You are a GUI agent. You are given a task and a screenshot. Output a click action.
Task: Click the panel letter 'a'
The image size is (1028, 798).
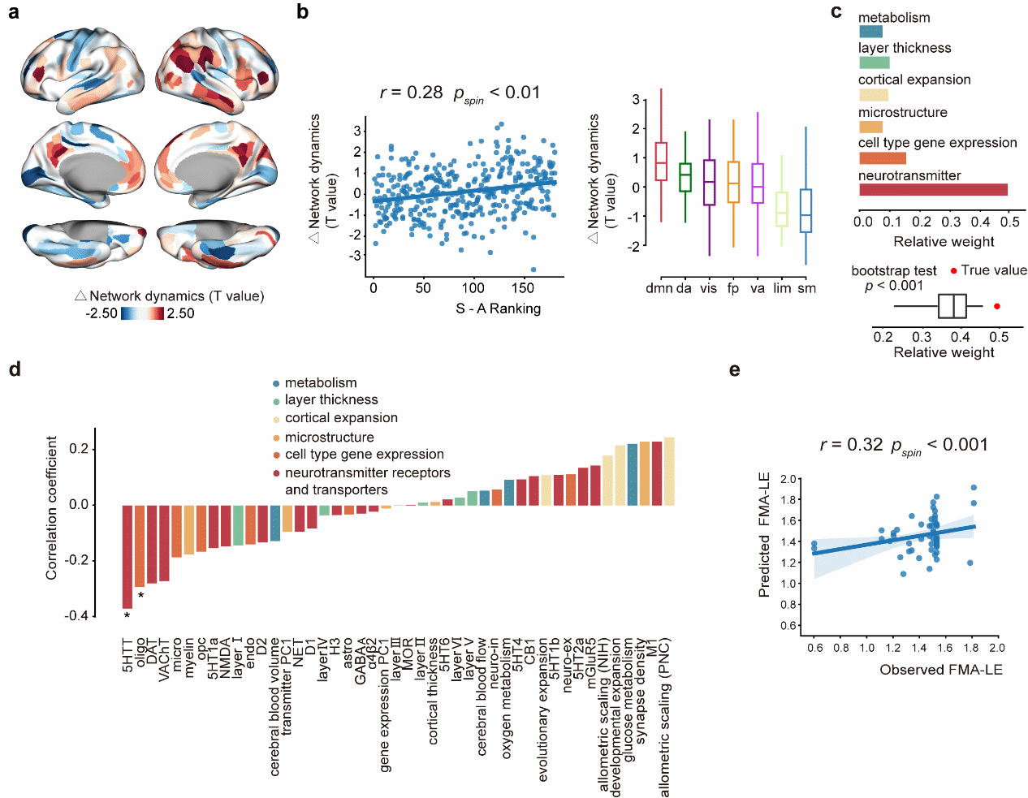(x=13, y=13)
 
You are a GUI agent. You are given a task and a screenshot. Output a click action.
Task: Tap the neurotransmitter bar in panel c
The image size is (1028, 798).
(x=933, y=190)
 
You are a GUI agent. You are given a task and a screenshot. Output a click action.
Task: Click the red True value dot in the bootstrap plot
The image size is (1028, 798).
(x=996, y=306)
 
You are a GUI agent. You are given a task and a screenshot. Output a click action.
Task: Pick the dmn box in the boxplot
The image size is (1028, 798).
(x=661, y=162)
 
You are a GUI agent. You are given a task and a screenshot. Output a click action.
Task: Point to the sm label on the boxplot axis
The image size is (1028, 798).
(x=806, y=288)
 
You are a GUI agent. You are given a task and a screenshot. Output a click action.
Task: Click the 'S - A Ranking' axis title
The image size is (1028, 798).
(x=498, y=308)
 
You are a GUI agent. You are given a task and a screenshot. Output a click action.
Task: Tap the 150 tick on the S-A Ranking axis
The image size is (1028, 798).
(x=523, y=288)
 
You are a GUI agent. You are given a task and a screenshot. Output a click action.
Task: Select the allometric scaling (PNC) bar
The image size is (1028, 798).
(x=669, y=472)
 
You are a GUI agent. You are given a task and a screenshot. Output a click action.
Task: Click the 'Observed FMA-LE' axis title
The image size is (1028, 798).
(x=940, y=670)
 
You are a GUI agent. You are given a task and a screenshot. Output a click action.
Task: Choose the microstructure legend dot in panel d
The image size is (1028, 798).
(x=276, y=438)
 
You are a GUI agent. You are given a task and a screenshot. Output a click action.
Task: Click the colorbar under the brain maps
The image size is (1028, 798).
(x=142, y=313)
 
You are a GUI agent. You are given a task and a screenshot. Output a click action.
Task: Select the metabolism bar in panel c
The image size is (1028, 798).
(x=870, y=32)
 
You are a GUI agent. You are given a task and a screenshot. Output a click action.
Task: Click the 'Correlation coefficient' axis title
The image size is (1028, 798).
(x=52, y=507)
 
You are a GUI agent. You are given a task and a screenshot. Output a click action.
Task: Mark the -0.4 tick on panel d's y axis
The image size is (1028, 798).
(x=77, y=615)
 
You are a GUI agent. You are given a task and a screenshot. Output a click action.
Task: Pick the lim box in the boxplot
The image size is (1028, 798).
(x=781, y=209)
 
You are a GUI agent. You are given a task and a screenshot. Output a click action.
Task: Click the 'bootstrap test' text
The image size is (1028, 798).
(x=893, y=271)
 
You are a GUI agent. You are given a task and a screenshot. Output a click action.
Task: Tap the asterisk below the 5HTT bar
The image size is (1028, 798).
(x=127, y=616)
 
